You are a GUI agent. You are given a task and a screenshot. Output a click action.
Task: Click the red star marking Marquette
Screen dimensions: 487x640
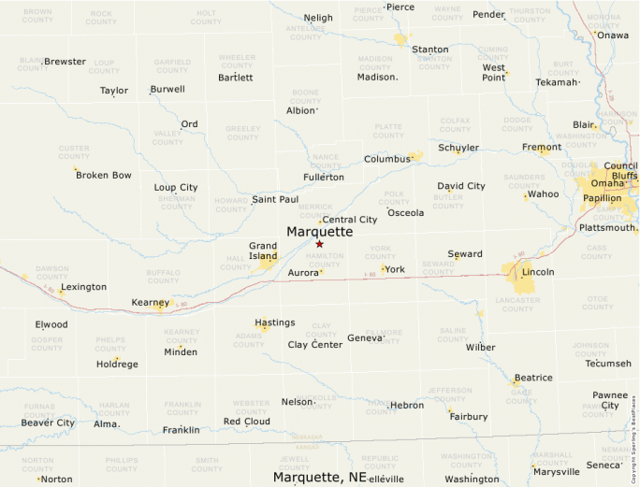tap(319, 244)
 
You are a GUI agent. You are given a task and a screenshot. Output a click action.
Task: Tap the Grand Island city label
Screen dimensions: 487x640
tap(262, 251)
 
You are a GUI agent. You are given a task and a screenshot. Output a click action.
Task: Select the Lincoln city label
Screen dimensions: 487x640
tap(538, 272)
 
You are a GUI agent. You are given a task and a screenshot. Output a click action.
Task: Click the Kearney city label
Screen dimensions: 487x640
tap(150, 303)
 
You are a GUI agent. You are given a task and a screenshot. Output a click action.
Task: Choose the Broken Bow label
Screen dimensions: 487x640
tap(104, 175)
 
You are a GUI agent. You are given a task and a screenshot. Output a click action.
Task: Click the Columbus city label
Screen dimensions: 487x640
tap(387, 160)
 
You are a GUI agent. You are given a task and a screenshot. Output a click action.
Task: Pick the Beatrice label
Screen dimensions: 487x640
tap(532, 378)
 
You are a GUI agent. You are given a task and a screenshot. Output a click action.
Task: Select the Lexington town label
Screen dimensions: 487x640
tap(84, 287)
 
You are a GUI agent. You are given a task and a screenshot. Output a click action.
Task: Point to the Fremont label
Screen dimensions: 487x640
tap(542, 148)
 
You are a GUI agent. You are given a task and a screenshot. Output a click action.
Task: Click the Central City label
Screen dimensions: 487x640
tap(349, 220)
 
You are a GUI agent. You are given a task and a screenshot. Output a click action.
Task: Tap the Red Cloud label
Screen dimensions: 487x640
tap(246, 422)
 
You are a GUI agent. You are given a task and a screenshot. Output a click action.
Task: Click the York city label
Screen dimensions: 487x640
tap(395, 269)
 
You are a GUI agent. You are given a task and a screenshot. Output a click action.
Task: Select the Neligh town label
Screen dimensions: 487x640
tap(318, 18)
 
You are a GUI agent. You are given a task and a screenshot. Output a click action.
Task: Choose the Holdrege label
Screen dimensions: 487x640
tap(117, 365)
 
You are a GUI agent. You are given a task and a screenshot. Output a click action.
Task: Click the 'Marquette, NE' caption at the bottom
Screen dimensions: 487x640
tap(319, 478)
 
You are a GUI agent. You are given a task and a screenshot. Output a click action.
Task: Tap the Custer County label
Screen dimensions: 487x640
tap(74, 151)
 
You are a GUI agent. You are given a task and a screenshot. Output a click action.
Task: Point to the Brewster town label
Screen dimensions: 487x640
tap(65, 62)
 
